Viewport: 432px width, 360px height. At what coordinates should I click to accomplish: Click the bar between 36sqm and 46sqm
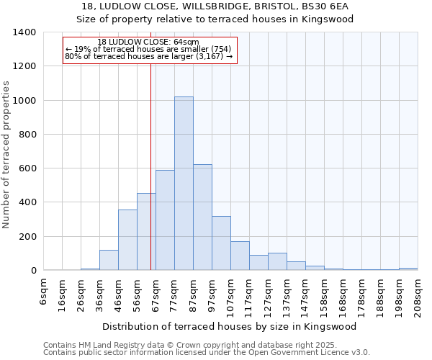[x=109, y=260]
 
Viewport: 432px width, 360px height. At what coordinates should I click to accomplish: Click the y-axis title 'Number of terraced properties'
[x=6, y=154]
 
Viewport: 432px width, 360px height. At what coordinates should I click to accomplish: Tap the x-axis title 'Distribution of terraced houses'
[x=229, y=326]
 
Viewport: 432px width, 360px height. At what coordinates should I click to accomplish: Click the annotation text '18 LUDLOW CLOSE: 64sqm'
[x=148, y=42]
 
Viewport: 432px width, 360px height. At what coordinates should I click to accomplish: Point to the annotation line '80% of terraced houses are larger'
[x=148, y=56]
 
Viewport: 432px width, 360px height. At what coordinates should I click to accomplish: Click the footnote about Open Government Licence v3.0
[x=206, y=352]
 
